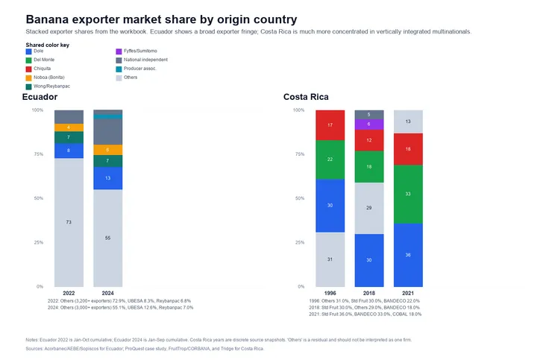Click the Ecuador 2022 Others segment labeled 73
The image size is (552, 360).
[69, 222]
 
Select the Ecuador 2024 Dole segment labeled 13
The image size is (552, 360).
[107, 178]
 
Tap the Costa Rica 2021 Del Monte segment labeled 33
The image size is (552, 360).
[407, 194]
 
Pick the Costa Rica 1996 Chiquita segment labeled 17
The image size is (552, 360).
[330, 125]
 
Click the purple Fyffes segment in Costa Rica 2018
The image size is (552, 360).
[369, 124]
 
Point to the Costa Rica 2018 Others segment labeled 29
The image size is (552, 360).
[369, 207]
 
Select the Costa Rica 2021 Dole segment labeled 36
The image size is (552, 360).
[407, 255]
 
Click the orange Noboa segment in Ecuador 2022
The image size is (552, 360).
[69, 127]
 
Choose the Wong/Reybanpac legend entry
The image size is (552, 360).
[49, 86]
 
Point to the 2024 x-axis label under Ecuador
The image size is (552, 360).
[107, 293]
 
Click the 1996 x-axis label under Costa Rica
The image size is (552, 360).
[330, 293]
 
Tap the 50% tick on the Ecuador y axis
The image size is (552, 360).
[37, 198]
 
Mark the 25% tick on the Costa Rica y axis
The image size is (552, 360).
[299, 242]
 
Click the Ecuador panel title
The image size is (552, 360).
[40, 98]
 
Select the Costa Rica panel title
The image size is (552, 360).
[306, 98]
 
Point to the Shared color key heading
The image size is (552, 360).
[48, 45]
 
